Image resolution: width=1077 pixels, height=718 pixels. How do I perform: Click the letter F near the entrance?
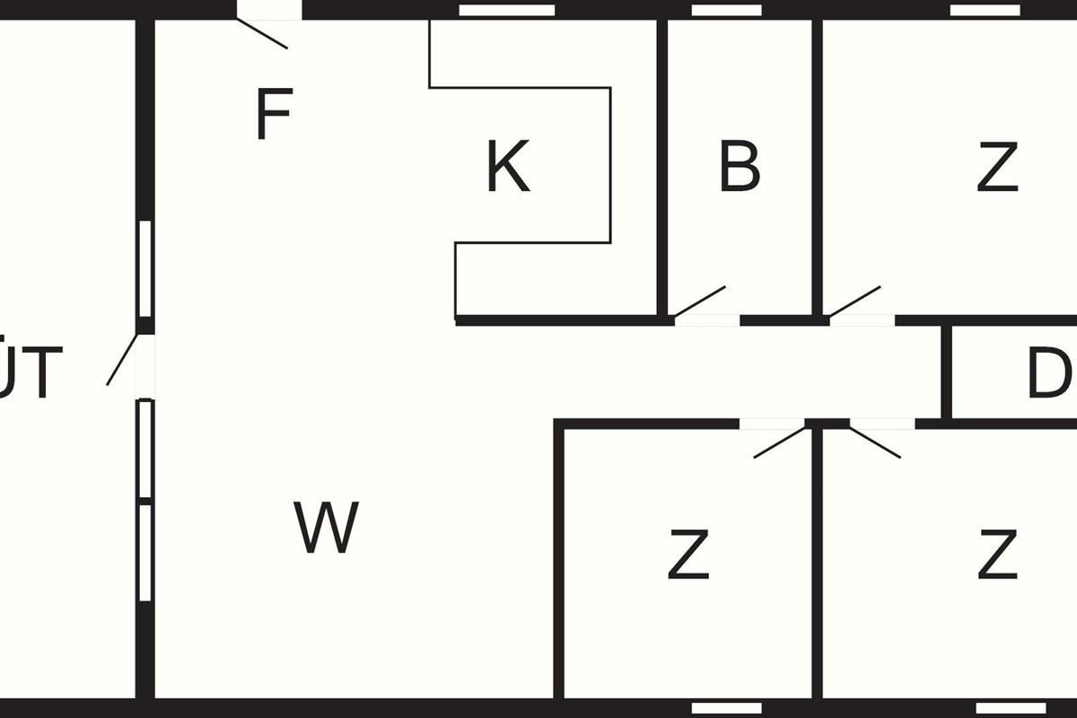click(273, 116)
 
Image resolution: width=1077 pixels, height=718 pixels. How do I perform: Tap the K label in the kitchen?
click(508, 167)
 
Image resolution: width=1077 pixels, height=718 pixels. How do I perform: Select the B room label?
click(740, 166)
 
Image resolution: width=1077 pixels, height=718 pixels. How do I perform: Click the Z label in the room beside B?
click(997, 168)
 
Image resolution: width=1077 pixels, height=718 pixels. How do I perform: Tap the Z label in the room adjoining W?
click(688, 555)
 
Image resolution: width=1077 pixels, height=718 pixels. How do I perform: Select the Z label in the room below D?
click(997, 555)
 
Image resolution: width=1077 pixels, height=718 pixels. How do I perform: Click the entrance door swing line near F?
click(262, 33)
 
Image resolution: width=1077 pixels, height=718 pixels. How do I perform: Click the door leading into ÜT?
click(122, 360)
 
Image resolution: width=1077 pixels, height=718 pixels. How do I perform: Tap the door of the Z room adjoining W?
click(780, 442)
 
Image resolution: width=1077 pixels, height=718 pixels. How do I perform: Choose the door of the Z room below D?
click(875, 442)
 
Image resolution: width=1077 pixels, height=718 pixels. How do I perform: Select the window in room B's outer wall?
click(726, 10)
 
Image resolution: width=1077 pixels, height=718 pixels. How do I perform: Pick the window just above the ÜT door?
click(144, 269)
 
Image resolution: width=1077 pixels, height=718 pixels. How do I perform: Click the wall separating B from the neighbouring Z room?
click(818, 166)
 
